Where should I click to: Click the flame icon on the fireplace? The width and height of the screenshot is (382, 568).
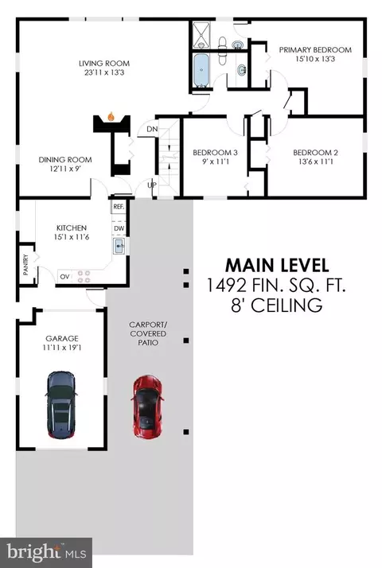pyautogui.click(x=111, y=117)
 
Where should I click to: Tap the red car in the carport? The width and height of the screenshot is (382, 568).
pyautogui.click(x=147, y=406)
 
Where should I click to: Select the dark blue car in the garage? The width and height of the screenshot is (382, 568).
pyautogui.click(x=61, y=405)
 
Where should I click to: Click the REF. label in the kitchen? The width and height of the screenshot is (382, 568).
pyautogui.click(x=119, y=207)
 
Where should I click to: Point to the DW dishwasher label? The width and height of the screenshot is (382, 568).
pyautogui.click(x=119, y=228)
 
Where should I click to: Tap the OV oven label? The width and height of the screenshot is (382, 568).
pyautogui.click(x=64, y=277)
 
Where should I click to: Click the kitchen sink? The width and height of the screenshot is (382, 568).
pyautogui.click(x=119, y=247)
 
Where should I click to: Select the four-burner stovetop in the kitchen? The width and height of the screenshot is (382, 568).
pyautogui.click(x=84, y=277)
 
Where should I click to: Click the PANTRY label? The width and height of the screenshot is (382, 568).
pyautogui.click(x=25, y=264)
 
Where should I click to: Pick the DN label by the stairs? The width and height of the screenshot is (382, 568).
pyautogui.click(x=152, y=129)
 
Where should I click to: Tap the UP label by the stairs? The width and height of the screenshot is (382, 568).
pyautogui.click(x=152, y=185)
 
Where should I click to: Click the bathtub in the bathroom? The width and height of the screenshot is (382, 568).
pyautogui.click(x=201, y=71)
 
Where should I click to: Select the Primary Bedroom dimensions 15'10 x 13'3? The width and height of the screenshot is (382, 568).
pyautogui.click(x=315, y=59)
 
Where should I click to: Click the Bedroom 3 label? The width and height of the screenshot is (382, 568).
pyautogui.click(x=216, y=153)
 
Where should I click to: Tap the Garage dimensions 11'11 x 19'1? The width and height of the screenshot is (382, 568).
pyautogui.click(x=62, y=348)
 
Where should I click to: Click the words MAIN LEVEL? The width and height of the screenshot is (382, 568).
pyautogui.click(x=277, y=266)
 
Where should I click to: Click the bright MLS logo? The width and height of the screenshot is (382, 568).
pyautogui.click(x=46, y=552)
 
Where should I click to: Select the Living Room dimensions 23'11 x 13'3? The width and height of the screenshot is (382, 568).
pyautogui.click(x=104, y=72)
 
